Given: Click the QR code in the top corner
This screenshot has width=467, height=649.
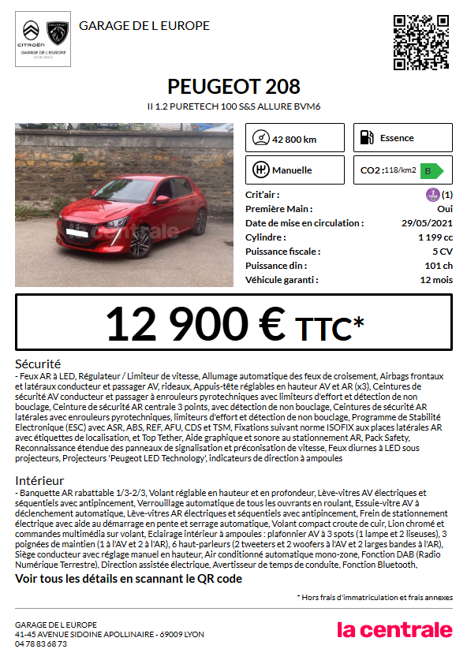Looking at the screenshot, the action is [x=421, y=42].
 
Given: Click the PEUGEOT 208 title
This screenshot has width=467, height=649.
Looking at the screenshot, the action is [x=233, y=87].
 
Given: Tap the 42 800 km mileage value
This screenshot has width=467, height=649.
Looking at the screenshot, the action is [x=294, y=140].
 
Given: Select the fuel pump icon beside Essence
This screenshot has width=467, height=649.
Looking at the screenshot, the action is [x=366, y=138].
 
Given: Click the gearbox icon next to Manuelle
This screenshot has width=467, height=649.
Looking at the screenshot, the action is [x=260, y=170].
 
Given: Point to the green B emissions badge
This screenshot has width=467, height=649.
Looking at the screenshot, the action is [x=430, y=170].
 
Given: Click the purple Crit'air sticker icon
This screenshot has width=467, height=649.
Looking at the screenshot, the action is [x=432, y=195].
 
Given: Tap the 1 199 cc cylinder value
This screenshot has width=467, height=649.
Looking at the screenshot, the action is [x=435, y=237].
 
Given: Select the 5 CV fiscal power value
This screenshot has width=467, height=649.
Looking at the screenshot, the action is [x=442, y=252].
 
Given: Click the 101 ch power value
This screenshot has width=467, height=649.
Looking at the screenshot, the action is [x=439, y=266].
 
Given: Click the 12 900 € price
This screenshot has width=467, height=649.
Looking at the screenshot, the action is [x=196, y=323].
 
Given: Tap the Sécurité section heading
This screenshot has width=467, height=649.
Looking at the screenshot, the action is [x=38, y=364].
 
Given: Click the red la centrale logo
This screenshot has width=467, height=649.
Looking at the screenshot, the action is [x=394, y=629].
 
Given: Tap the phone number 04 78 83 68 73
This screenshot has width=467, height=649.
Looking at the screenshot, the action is [x=41, y=643].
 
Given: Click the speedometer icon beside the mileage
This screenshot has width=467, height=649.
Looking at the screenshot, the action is [x=260, y=138].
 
